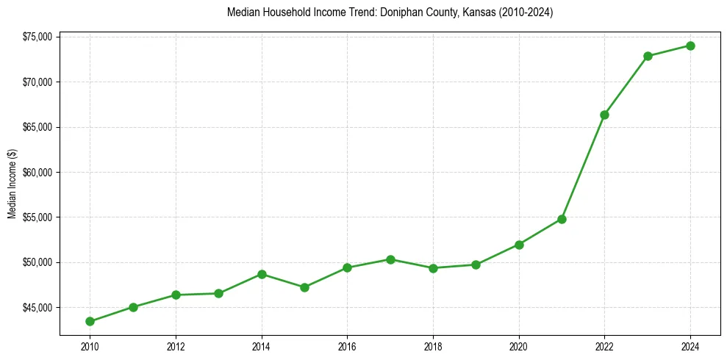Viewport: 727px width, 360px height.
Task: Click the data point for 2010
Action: click(x=90, y=321)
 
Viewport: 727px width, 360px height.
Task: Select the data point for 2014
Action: click(x=262, y=274)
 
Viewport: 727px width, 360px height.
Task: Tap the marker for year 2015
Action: click(x=304, y=287)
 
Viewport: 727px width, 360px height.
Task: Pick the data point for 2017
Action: click(x=390, y=259)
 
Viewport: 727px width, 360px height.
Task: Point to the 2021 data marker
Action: click(x=562, y=219)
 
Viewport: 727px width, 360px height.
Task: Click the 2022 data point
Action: click(x=604, y=115)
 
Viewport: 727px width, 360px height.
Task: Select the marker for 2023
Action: click(x=648, y=56)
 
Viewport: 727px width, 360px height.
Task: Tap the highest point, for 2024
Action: click(x=690, y=46)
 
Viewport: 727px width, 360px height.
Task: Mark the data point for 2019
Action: click(x=476, y=264)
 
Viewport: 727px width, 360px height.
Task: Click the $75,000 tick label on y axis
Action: click(x=37, y=37)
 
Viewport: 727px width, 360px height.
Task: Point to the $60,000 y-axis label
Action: click(x=37, y=173)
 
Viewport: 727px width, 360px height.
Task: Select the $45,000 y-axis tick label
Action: click(x=37, y=308)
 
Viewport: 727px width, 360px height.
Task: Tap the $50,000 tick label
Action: click(x=37, y=262)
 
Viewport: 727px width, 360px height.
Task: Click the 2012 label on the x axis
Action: click(x=176, y=347)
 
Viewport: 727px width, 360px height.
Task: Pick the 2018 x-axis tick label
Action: click(x=433, y=347)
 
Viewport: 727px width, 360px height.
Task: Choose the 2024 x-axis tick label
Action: click(x=690, y=347)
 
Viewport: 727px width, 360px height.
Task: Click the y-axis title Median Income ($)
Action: click(x=12, y=184)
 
